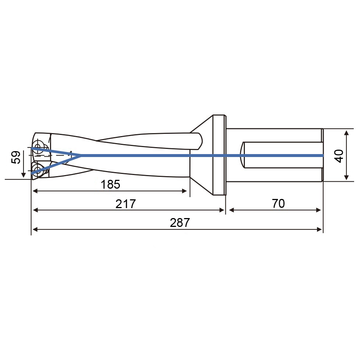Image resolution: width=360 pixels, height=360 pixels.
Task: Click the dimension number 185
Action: click(x=110, y=184)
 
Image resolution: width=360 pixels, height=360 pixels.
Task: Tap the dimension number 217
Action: click(x=126, y=204)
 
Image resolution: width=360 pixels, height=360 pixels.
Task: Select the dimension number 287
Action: click(x=180, y=223)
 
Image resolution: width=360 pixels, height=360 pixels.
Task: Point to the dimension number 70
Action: click(x=278, y=203)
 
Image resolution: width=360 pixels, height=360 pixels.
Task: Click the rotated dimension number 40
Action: click(x=339, y=156)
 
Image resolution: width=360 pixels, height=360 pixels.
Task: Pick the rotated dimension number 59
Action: click(x=15, y=157)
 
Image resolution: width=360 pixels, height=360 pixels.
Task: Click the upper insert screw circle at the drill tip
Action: click(x=38, y=146)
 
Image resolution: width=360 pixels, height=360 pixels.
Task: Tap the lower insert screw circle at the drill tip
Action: click(x=37, y=170)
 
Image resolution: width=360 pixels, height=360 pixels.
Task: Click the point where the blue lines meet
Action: click(x=81, y=156)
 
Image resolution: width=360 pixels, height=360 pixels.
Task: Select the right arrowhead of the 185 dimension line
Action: click(x=184, y=191)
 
